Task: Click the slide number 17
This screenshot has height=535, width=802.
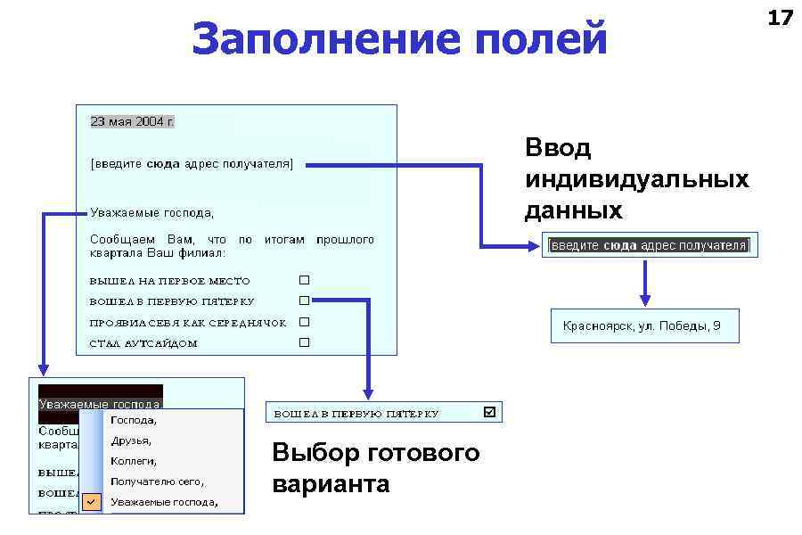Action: [780, 17]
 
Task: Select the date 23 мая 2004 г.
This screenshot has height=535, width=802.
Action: [133, 121]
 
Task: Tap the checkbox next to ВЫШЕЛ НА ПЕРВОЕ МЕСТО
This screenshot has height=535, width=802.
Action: [304, 280]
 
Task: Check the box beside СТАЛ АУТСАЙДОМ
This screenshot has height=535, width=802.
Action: [304, 342]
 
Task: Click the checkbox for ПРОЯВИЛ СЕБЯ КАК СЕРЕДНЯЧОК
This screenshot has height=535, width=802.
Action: [304, 322]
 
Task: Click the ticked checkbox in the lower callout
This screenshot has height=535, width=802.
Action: [489, 412]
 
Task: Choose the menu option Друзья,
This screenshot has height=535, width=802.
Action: [131, 440]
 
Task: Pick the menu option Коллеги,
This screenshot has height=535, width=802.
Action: [134, 461]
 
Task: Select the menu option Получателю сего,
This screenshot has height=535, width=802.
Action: [157, 481]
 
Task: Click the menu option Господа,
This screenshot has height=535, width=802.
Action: [134, 419]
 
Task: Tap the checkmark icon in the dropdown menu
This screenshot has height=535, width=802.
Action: [91, 502]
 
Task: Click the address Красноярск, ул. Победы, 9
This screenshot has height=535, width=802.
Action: [642, 326]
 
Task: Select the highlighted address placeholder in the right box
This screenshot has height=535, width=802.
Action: [650, 245]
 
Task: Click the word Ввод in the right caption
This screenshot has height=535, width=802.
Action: [558, 148]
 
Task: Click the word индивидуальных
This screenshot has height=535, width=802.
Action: [636, 179]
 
